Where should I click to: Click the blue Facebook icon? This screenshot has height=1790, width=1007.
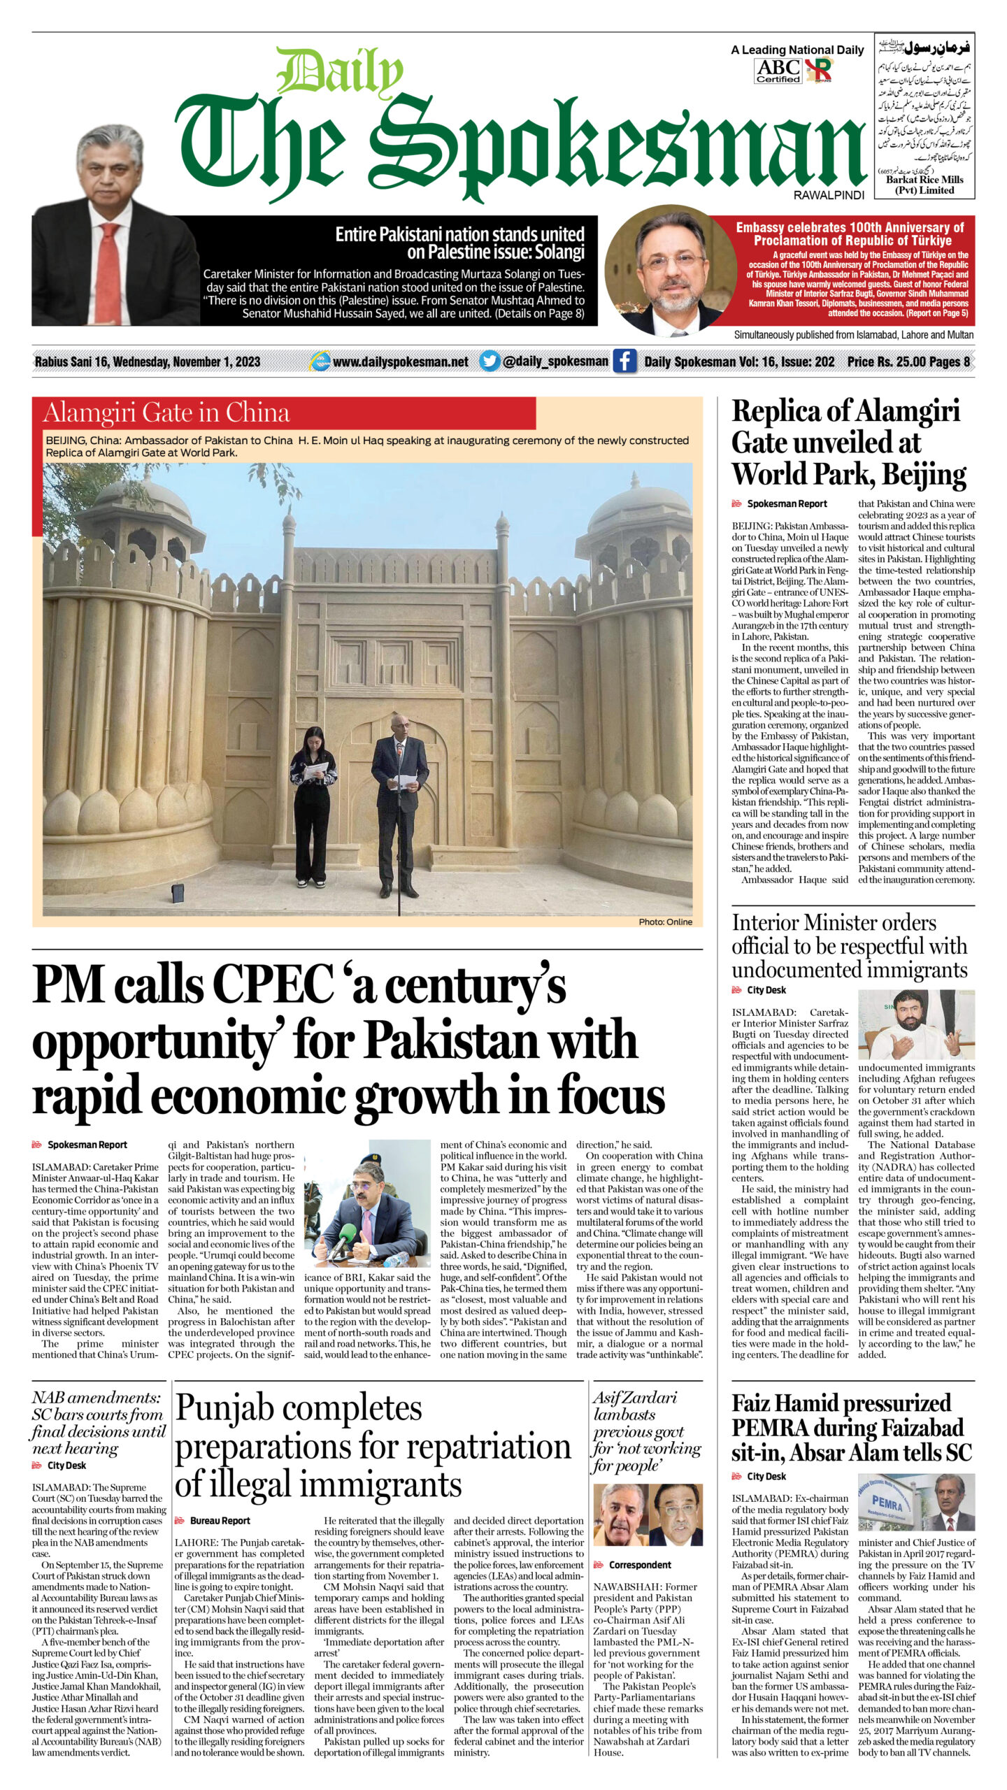click(x=624, y=361)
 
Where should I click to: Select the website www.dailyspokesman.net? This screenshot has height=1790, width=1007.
click(x=401, y=361)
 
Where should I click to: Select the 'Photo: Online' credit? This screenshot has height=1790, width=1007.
click(x=664, y=922)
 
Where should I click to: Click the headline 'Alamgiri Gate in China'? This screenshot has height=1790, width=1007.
click(x=166, y=413)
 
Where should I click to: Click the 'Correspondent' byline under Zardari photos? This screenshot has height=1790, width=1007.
click(x=639, y=1565)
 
